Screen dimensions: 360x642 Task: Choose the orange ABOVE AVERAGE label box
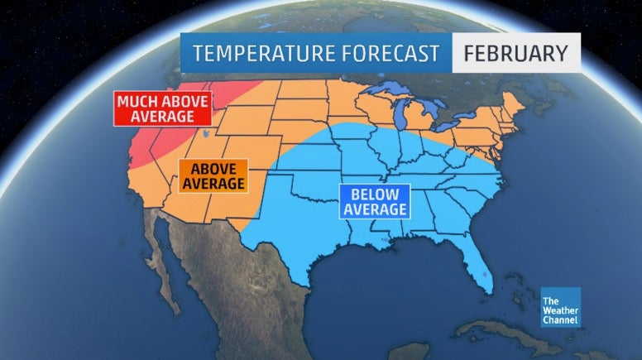[213, 176]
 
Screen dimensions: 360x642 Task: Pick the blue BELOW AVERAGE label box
[374, 202]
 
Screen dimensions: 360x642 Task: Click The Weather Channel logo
[560, 307]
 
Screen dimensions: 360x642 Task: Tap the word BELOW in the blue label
[374, 194]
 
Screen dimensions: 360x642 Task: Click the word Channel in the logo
[560, 319]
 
